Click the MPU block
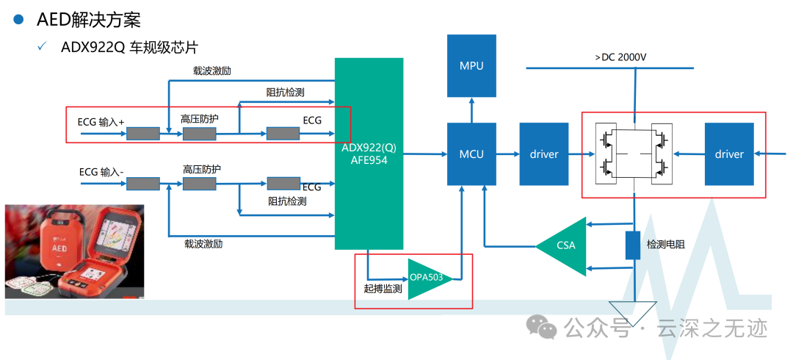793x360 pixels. tap(471, 66)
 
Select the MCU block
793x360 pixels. tap(471, 154)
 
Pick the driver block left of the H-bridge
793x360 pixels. tap(544, 154)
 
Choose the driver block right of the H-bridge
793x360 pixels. tap(728, 154)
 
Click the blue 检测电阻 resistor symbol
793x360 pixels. tap(633, 245)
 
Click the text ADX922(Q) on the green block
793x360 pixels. tap(369, 147)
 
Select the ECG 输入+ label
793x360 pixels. tap(101, 121)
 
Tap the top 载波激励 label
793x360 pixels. tap(213, 71)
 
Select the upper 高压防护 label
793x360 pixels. tap(200, 118)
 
